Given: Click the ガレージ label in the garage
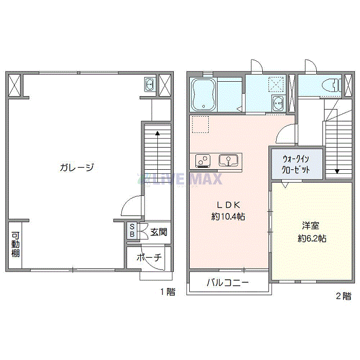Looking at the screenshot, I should tap(77, 167).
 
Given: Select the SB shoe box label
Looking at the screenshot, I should tap(132, 231).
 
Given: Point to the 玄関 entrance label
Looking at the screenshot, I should tap(158, 232).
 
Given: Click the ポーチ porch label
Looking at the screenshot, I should tap(150, 258).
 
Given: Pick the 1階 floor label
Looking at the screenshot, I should tap(167, 292).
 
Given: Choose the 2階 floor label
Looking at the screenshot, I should tap(344, 296).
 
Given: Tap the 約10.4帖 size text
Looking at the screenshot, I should tap(228, 217).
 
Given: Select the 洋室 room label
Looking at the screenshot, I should tap(310, 225).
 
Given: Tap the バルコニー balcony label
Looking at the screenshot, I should tap(228, 282).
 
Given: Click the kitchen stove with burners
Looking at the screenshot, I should tap(202, 161).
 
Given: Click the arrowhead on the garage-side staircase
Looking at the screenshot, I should tap(157, 133).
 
